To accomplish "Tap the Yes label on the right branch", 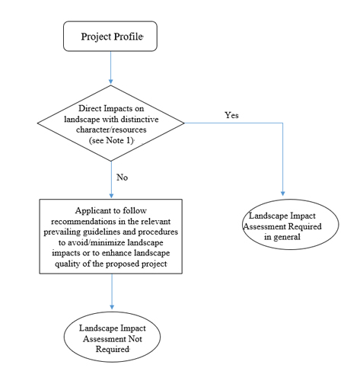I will pyautogui.click(x=232, y=115).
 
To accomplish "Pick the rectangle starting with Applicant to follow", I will pyautogui.click(x=111, y=236).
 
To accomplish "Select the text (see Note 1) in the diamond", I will pyautogui.click(x=112, y=139).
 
